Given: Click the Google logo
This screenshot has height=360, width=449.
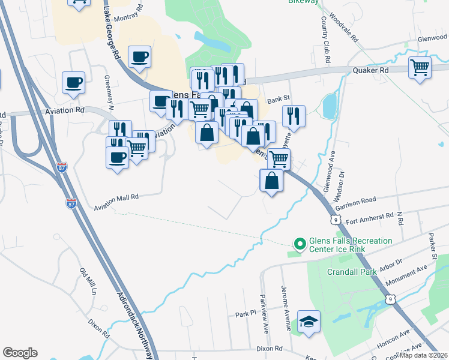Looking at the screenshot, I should tap(20, 353).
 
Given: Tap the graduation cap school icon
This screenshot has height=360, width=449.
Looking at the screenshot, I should tap(310, 322).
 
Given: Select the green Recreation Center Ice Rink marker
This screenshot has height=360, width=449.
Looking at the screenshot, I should tap(299, 244).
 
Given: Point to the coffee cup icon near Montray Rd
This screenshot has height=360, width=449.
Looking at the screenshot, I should tap(139, 57).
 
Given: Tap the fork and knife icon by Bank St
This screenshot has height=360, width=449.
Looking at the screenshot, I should tap(294, 116).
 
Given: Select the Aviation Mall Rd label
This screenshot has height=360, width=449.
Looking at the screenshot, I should tap(116, 202).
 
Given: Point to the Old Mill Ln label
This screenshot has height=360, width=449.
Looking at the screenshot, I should tap(88, 280).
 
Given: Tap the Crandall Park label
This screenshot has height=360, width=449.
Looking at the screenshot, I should tap(352, 272).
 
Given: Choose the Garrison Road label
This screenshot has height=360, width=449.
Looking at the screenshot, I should tap(355, 202).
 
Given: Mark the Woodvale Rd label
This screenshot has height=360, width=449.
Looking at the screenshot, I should tap(344, 29).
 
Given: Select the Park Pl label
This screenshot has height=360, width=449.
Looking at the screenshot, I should tap(246, 314).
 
